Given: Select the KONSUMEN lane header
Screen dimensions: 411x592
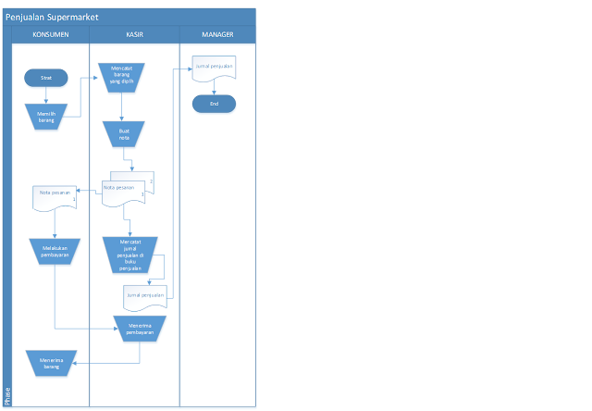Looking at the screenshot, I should (x=51, y=35).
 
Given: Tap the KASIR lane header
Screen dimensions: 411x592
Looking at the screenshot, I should (x=134, y=35).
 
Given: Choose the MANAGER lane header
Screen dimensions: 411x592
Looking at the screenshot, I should (x=217, y=35).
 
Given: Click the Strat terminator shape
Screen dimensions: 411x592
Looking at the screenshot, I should (x=46, y=80).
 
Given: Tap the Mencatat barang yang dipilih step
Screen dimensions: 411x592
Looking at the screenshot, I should (x=121, y=75).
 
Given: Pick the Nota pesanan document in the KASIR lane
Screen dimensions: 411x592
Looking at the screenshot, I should (x=127, y=189).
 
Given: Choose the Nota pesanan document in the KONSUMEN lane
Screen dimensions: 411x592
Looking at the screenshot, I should (x=54, y=197).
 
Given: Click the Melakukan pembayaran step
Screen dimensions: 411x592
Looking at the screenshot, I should (x=55, y=250).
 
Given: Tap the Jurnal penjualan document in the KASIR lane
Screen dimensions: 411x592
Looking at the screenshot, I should (x=144, y=296).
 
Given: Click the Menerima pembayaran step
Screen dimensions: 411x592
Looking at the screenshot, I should (x=140, y=328).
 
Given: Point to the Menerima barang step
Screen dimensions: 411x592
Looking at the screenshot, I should (x=51, y=363).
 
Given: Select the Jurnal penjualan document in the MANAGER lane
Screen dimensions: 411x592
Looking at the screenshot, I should (x=215, y=68).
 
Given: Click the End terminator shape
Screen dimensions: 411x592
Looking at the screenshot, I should (x=215, y=105).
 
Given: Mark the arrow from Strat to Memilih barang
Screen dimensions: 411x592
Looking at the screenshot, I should (x=46, y=95).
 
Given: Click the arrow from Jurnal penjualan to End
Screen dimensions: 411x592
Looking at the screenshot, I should (x=215, y=87).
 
